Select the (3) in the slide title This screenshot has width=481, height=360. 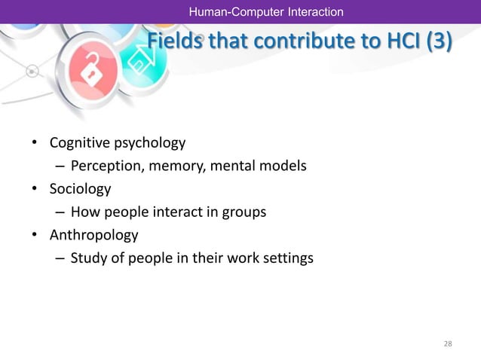pyautogui.click(x=440, y=43)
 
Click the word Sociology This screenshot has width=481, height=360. pyautogui.click(x=80, y=188)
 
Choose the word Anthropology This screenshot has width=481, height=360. pyautogui.click(x=93, y=235)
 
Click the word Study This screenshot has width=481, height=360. pyautogui.click(x=87, y=258)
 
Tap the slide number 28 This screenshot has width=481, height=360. pyautogui.click(x=448, y=344)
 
